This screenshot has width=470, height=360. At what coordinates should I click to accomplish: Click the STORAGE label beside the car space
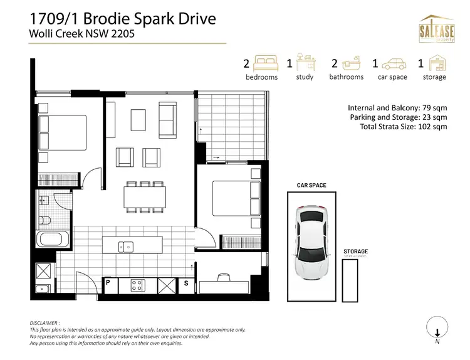tap(355, 251)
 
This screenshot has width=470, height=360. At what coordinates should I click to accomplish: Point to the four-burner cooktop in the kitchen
tap(138, 286)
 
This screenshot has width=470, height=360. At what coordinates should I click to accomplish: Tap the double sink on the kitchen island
tap(127, 247)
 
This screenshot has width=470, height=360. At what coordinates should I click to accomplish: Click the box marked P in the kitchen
tap(108, 283)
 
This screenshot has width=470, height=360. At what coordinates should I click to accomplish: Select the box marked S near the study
tap(186, 283)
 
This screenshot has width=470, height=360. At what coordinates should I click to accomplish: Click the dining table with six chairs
tap(145, 198)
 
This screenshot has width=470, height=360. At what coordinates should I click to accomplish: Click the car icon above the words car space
tap(393, 63)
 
